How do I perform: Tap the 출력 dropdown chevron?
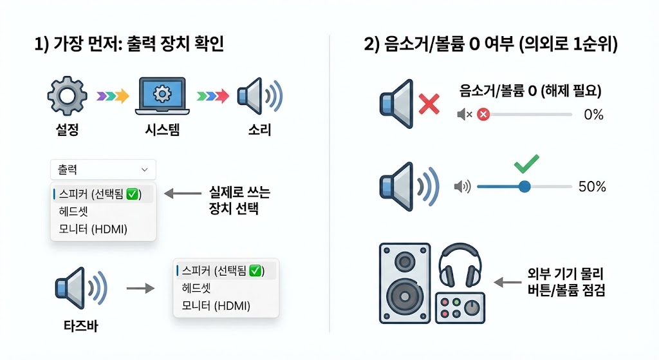[x=144, y=170]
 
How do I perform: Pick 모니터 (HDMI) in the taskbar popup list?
[x=216, y=305]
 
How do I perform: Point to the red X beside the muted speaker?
[x=428, y=102]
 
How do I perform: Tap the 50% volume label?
[x=592, y=187]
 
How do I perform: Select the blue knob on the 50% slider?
[x=524, y=187]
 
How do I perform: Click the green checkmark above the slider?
[x=526, y=165]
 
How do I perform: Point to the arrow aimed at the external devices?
[x=506, y=281]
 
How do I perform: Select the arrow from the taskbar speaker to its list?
[x=140, y=288]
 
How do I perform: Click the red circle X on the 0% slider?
[x=483, y=115]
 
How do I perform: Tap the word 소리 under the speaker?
[x=259, y=130]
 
